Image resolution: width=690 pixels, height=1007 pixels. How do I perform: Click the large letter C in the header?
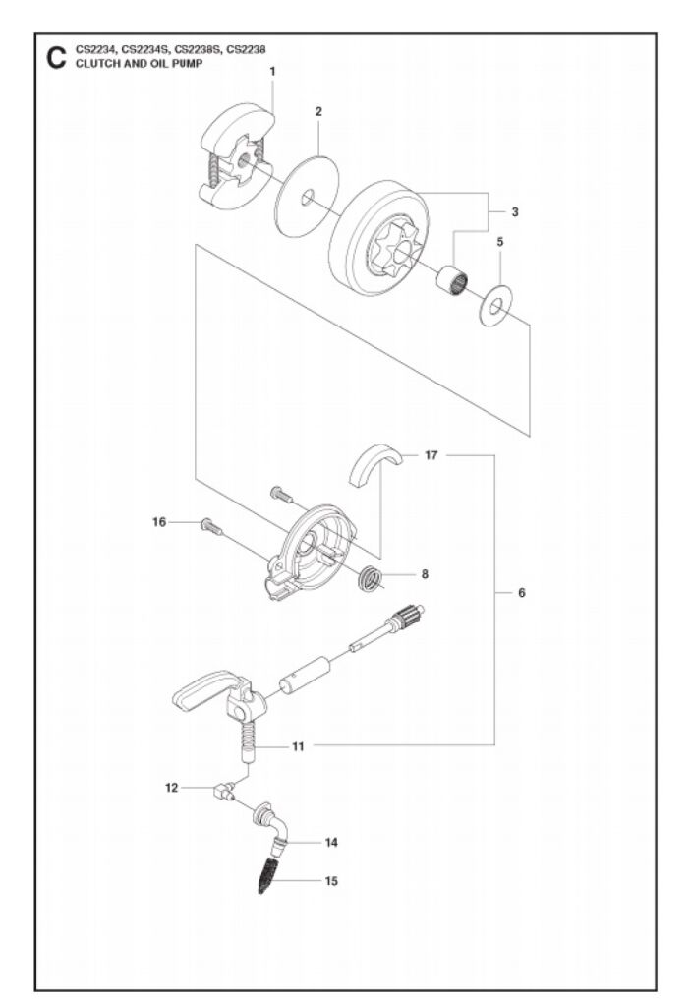click(55, 58)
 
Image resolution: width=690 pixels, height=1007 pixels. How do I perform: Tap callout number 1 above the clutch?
click(272, 71)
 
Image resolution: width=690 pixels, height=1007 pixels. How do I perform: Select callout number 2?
click(318, 113)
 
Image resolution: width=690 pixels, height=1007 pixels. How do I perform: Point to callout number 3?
click(515, 211)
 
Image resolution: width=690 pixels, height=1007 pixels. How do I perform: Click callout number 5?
click(499, 241)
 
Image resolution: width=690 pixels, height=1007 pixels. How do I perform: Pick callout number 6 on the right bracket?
click(522, 593)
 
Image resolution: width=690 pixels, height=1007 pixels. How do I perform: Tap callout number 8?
click(424, 573)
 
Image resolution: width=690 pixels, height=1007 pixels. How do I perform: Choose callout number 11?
click(296, 747)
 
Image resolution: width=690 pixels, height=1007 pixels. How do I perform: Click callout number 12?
click(171, 787)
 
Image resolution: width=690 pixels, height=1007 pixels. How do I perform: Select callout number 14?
click(331, 843)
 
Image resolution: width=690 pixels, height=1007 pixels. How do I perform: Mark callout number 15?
click(331, 881)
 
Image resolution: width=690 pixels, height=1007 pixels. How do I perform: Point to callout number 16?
click(159, 522)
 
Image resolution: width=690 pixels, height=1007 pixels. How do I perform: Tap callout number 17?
click(431, 455)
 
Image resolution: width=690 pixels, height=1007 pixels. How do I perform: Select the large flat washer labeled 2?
click(306, 196)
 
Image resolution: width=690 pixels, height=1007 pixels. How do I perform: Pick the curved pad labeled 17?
click(377, 463)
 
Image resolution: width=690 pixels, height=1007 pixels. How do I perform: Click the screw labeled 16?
click(210, 527)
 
